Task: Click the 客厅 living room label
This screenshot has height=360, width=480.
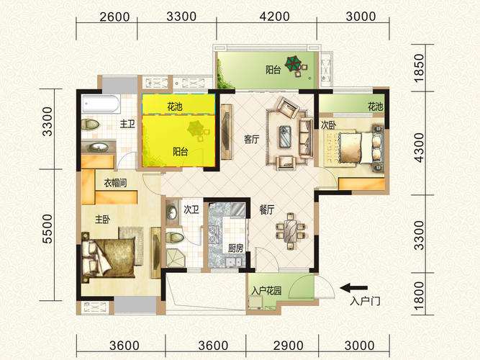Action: (x=252, y=140)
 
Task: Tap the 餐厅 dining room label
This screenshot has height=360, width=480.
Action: (x=267, y=210)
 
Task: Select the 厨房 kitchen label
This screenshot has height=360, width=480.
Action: (x=235, y=248)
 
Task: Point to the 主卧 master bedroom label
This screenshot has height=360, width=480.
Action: (x=103, y=220)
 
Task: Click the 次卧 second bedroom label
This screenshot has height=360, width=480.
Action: (x=328, y=125)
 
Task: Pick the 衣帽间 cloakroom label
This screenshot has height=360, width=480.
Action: (x=115, y=183)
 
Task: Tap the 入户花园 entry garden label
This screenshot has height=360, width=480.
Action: (x=266, y=290)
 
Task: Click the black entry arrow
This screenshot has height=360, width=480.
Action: (x=354, y=288)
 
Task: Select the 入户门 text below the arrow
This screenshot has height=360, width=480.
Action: (x=365, y=301)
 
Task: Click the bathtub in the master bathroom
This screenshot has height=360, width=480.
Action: (x=101, y=104)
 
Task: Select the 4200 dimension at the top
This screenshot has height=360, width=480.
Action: (x=275, y=17)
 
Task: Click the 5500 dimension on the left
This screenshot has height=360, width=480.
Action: (x=47, y=229)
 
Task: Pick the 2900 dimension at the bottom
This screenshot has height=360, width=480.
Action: (x=289, y=346)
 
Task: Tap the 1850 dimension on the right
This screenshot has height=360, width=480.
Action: (x=419, y=68)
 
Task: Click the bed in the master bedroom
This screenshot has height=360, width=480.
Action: (x=108, y=257)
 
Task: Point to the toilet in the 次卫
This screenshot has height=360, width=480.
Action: (x=175, y=238)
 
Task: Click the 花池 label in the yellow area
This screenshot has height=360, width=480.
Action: (x=174, y=107)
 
